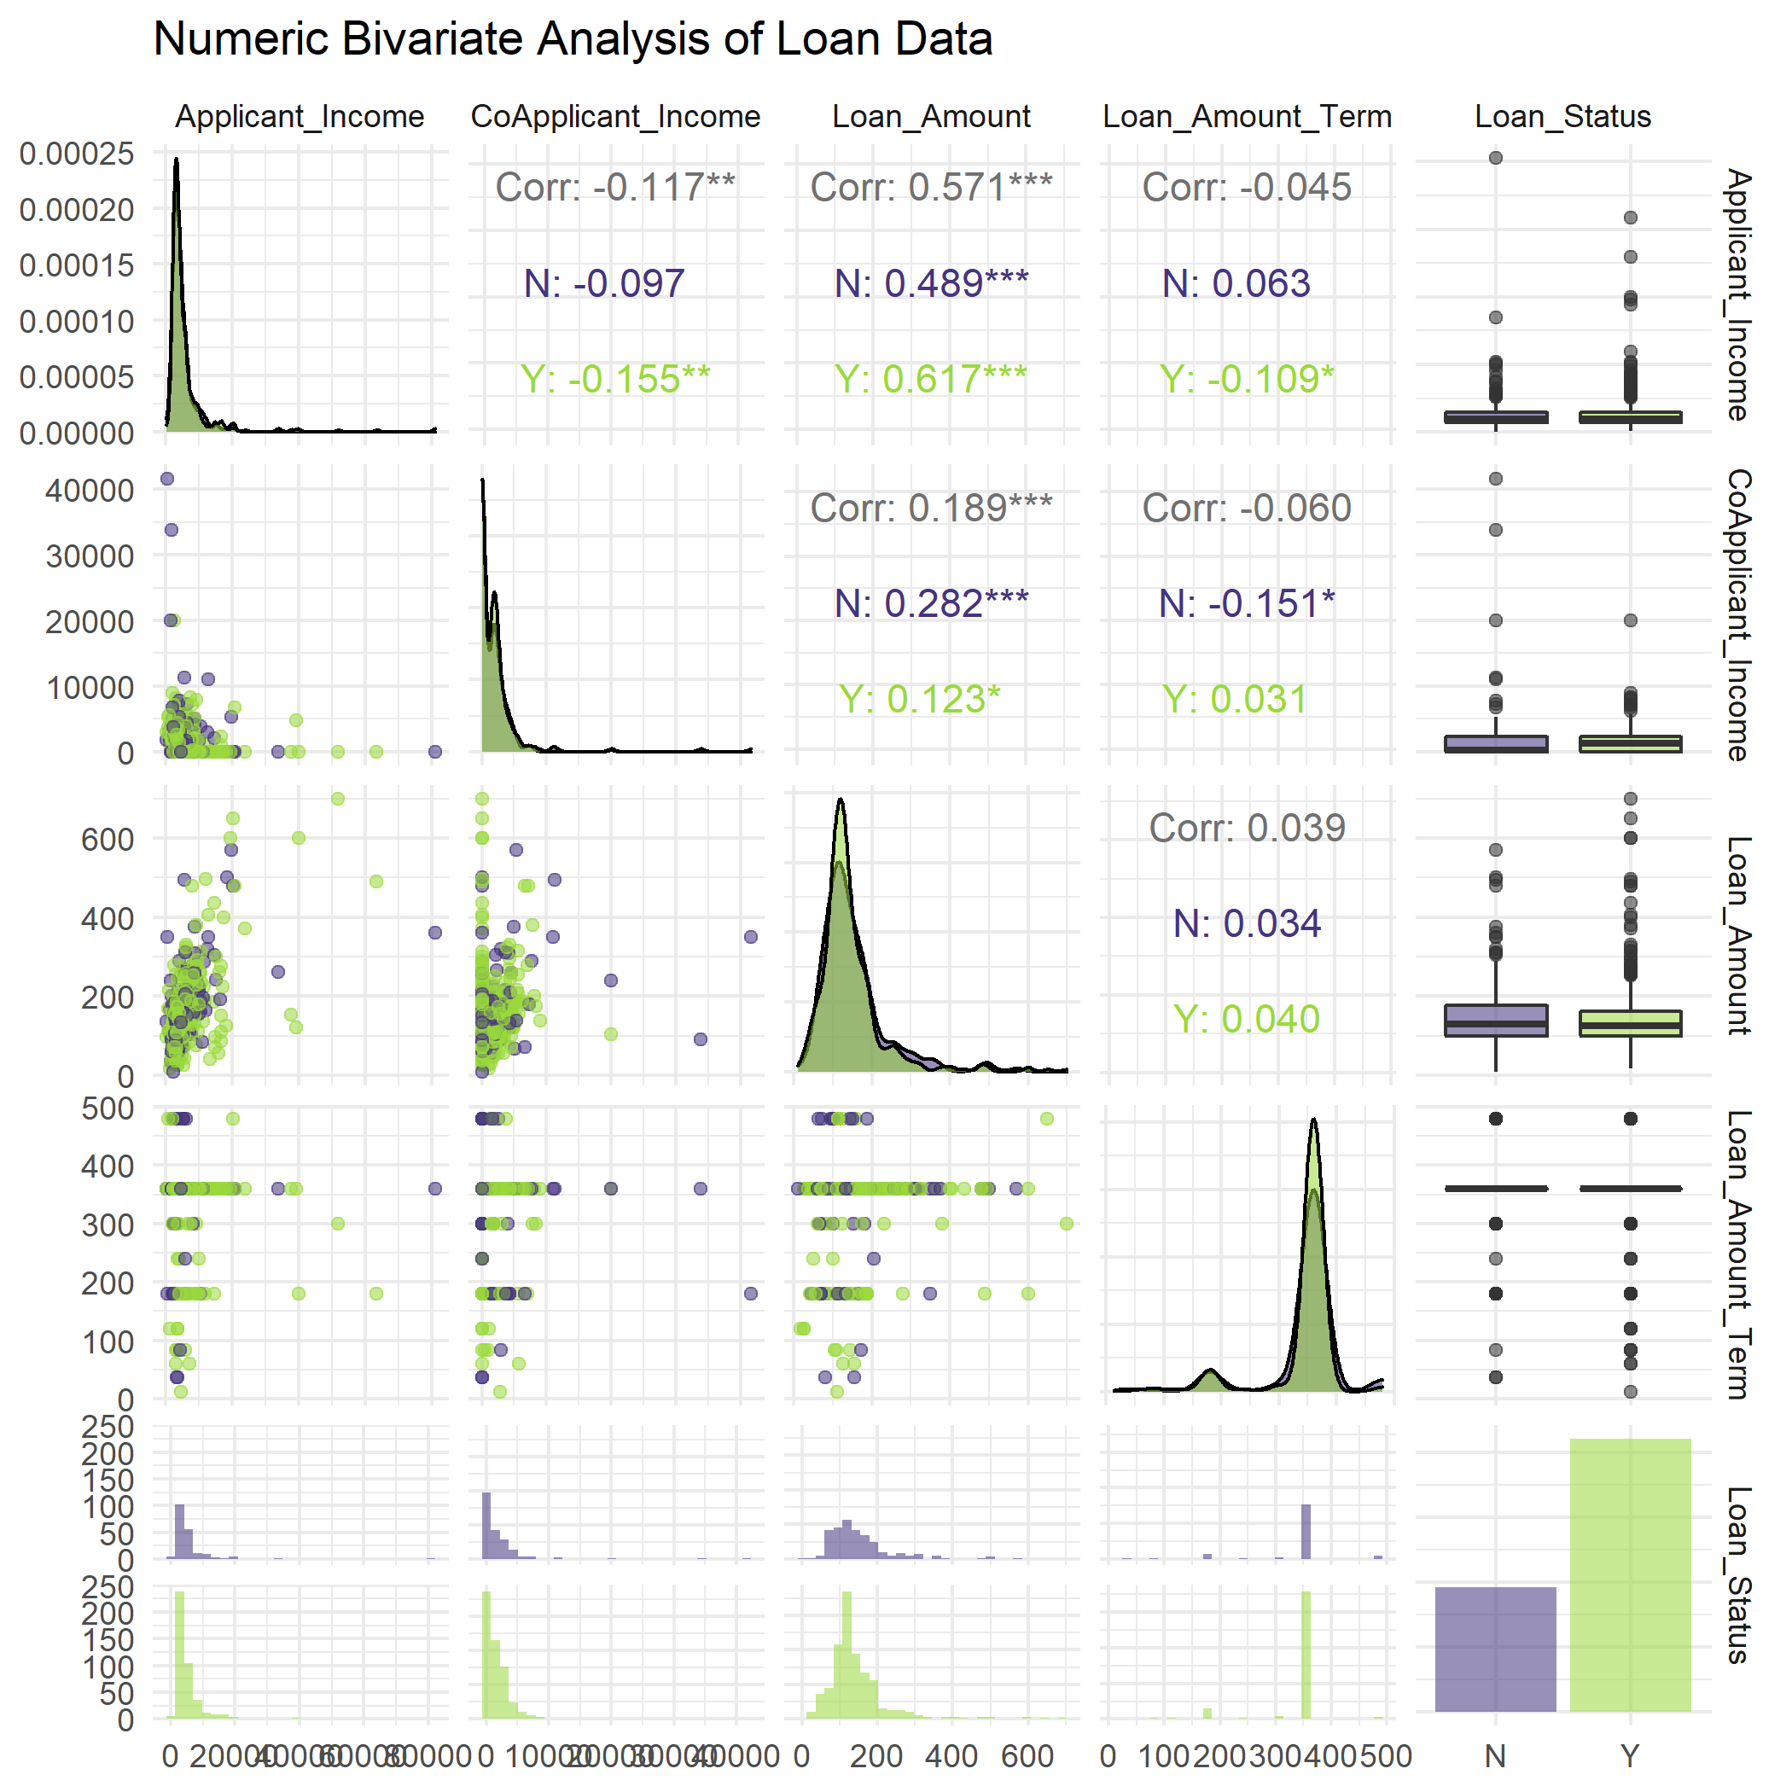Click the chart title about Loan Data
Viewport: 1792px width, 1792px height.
coord(573,40)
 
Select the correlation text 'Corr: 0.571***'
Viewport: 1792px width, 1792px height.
coord(931,188)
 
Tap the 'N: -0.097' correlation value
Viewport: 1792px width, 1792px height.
coord(604,283)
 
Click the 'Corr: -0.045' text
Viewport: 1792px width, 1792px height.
coord(1247,188)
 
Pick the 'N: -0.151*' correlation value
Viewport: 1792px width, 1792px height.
coord(1247,603)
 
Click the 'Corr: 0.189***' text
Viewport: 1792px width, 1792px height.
coord(931,508)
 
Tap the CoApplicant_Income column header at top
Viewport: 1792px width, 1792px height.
coord(615,117)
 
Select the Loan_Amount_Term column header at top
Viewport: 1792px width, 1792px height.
coord(1247,117)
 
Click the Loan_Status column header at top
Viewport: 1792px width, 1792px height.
coord(1563,117)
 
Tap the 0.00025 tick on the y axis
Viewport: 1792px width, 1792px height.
coord(76,154)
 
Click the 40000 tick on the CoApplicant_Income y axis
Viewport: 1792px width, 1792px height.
coord(89,491)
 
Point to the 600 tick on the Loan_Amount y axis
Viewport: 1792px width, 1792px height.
coord(108,840)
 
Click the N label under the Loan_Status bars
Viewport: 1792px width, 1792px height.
coord(1495,1756)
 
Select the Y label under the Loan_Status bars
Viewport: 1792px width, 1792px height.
coord(1630,1756)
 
